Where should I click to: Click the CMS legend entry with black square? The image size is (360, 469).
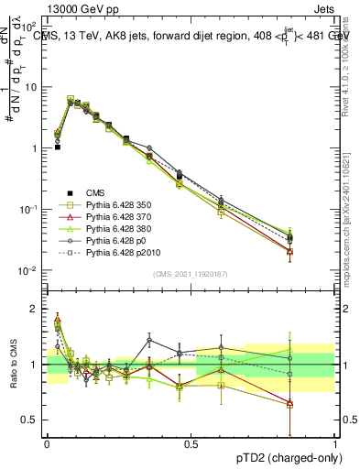point(94,192)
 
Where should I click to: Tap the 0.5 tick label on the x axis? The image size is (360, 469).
point(191,444)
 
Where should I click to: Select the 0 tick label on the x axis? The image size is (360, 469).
point(47,444)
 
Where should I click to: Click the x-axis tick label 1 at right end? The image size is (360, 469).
point(334,444)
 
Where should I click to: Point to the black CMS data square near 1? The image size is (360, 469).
point(57,147)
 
